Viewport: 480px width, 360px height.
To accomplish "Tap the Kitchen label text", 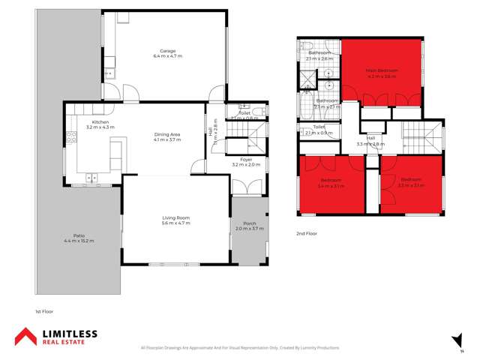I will click(x=100, y=122).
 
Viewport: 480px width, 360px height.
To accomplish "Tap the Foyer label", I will click(x=245, y=159).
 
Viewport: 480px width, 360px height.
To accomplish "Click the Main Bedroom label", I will click(x=382, y=70).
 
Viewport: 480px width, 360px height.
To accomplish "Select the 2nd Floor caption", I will click(x=307, y=233).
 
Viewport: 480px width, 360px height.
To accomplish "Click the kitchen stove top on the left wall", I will click(x=73, y=137).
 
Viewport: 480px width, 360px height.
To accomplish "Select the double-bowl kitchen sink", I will click(x=91, y=178).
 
